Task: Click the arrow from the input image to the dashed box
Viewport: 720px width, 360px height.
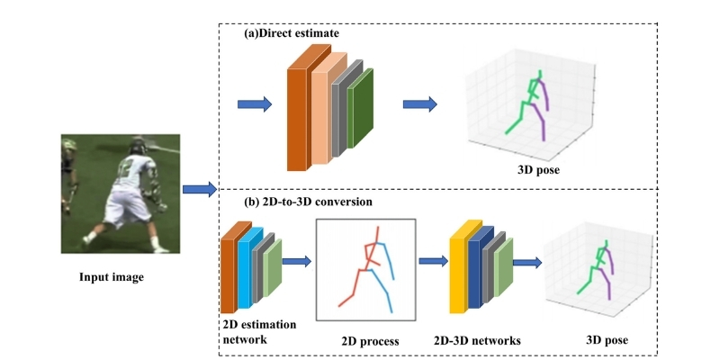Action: coord(199,189)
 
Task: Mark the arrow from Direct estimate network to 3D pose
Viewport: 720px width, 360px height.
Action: coord(419,104)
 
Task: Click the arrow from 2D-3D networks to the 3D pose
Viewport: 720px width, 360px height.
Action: coord(526,262)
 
